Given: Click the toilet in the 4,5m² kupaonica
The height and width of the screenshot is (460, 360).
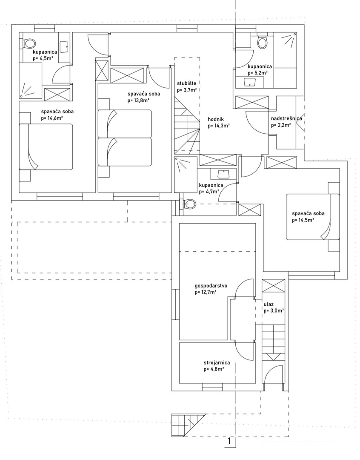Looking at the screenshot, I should (30, 43).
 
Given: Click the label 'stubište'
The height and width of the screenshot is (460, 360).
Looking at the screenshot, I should (186, 83).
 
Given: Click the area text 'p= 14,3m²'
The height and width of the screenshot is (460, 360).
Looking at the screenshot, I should (219, 126).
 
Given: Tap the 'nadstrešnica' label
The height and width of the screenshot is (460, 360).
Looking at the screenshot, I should (286, 119).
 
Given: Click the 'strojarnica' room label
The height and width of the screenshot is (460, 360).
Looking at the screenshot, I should (217, 363).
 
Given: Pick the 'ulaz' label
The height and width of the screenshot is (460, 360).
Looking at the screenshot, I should (269, 305).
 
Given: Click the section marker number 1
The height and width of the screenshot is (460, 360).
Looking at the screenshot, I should (229, 441).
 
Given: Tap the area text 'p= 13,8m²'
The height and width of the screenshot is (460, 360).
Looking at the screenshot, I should (138, 101).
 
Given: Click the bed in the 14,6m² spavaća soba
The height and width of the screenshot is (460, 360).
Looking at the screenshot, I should (46, 147).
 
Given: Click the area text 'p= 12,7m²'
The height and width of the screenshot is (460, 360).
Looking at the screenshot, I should (206, 292).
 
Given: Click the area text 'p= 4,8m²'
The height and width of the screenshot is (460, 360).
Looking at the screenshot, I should (214, 369).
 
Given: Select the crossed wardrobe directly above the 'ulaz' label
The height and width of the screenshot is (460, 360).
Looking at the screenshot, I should (273, 286).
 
